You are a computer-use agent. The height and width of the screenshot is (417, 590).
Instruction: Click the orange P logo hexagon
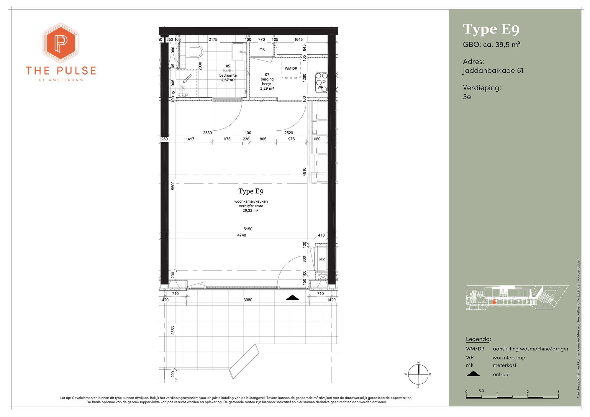point(60,43)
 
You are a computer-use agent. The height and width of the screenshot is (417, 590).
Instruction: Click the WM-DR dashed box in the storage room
point(291,68)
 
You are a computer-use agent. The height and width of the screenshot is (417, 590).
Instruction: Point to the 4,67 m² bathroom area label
point(228,80)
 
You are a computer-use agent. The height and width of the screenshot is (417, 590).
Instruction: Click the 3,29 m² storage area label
point(267,88)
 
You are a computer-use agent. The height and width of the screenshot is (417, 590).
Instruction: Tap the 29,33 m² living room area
point(251,211)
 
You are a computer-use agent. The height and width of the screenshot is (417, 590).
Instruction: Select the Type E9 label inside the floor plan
point(251,191)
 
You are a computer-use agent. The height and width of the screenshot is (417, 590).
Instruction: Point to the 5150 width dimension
point(248,229)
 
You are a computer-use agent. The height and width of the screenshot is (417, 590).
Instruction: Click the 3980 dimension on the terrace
point(248,300)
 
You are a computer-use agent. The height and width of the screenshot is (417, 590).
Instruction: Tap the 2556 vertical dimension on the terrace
point(173,330)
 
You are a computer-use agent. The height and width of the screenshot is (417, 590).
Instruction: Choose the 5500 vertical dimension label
point(173,186)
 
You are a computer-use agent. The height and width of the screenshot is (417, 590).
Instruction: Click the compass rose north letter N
point(418,362)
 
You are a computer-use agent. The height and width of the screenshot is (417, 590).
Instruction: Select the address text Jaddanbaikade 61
point(493,71)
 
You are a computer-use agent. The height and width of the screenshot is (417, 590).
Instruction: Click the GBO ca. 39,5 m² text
point(492,45)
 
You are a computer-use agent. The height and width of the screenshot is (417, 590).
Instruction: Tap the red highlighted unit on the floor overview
point(494,302)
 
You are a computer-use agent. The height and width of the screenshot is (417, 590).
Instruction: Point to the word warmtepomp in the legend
point(509,358)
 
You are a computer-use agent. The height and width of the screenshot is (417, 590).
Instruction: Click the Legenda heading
point(478,339)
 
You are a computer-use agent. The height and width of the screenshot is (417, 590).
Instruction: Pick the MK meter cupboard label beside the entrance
point(322,260)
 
